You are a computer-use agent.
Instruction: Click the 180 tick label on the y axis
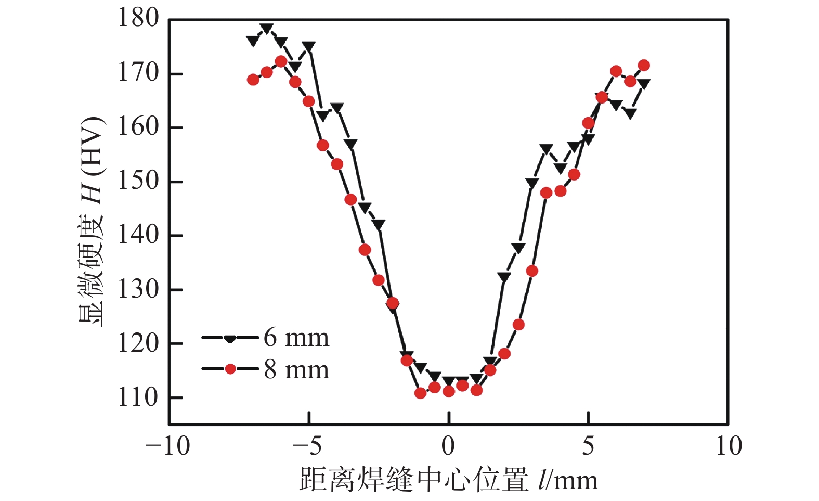click(x=138, y=18)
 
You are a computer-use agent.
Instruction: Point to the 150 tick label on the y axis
click(x=138, y=181)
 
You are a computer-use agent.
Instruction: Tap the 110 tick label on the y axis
click(x=138, y=397)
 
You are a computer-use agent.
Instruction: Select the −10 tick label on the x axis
click(x=168, y=446)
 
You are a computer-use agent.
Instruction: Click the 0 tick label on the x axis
click(x=448, y=446)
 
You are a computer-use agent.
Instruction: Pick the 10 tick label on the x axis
click(x=728, y=446)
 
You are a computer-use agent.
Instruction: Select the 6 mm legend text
click(x=296, y=338)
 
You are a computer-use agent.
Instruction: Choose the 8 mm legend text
click(x=296, y=370)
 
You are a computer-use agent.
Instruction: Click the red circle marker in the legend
click(x=230, y=369)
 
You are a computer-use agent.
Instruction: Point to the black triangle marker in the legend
click(x=230, y=339)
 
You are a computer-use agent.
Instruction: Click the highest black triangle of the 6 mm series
click(x=267, y=28)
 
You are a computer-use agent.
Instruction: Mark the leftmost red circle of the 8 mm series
click(x=253, y=80)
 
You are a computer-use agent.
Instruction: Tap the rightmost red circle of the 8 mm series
click(x=644, y=66)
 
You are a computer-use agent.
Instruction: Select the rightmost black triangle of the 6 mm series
click(x=644, y=83)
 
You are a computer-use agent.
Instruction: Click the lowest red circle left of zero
click(x=421, y=393)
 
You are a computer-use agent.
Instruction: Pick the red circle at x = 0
click(x=449, y=391)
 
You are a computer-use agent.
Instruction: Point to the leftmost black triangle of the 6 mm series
click(x=253, y=41)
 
